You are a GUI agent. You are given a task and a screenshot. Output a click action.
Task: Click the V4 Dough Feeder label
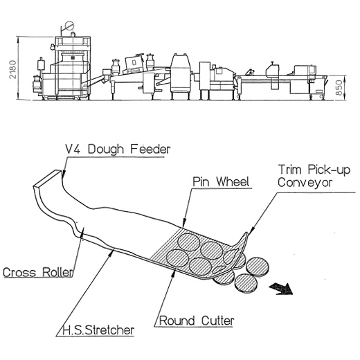[x=118, y=149]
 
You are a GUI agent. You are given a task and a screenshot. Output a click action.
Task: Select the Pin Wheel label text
[x=221, y=181]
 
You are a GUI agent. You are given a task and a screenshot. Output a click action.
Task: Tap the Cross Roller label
[x=38, y=272]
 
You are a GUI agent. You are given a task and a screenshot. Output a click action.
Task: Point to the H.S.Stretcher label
[x=98, y=330]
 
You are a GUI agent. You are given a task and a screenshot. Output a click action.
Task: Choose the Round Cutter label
[x=197, y=321]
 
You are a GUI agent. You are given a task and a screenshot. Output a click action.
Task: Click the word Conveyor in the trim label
[x=305, y=183]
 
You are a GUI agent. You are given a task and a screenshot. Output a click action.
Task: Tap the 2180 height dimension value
[x=12, y=69]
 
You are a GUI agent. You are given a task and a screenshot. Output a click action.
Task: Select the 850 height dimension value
[x=339, y=88]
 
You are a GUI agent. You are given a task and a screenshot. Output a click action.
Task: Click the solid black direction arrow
[x=281, y=289]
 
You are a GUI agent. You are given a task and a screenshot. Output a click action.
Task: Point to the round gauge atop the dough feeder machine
[x=69, y=26]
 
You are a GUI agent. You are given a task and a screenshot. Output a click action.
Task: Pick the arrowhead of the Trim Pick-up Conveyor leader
[x=251, y=230]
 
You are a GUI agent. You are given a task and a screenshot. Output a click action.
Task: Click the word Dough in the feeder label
[x=106, y=150]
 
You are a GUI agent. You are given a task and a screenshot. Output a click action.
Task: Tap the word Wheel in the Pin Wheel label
[x=233, y=181]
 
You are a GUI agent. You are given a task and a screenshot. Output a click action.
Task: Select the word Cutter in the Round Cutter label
[x=217, y=321]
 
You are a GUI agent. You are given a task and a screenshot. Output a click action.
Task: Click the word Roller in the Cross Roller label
[x=57, y=272]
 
